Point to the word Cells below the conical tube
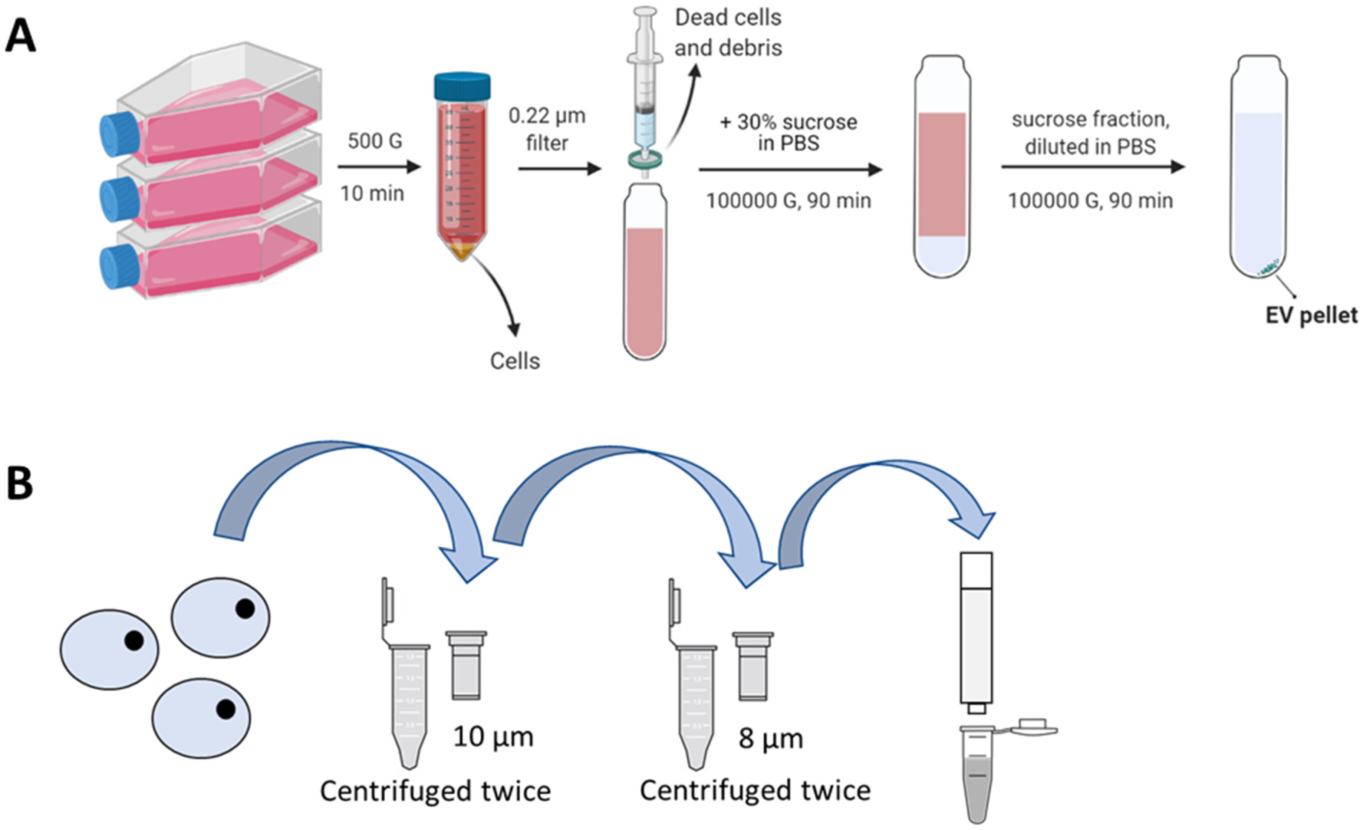(x=514, y=361)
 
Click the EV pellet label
(x=1311, y=315)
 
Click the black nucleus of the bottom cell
(x=225, y=709)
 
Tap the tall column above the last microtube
(x=976, y=630)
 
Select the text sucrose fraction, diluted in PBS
(x=1090, y=133)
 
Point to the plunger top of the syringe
(x=645, y=11)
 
